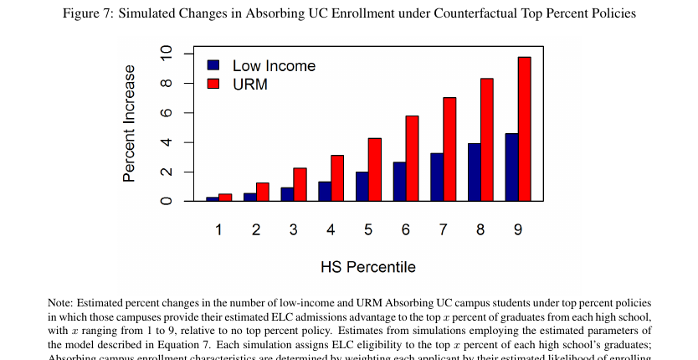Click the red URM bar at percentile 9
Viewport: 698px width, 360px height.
(x=524, y=129)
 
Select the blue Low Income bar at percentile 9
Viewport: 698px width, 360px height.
(x=511, y=167)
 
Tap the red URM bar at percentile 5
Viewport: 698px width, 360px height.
(x=375, y=170)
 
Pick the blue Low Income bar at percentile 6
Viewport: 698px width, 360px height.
(x=399, y=182)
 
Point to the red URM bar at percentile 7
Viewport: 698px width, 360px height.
(x=449, y=149)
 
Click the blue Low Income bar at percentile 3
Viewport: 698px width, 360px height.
(x=287, y=194)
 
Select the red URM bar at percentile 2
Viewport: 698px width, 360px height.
(x=263, y=192)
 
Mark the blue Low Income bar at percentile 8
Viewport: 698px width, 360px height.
(x=475, y=172)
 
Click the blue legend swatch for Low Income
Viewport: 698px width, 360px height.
(x=213, y=65)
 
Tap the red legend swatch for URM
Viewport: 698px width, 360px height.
(x=213, y=84)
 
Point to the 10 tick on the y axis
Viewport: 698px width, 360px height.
(x=166, y=54)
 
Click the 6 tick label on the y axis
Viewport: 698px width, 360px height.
(x=166, y=113)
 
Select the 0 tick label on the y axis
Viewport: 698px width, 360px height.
(x=166, y=201)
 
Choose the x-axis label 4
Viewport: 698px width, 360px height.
(x=331, y=229)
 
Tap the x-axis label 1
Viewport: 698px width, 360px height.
(x=218, y=229)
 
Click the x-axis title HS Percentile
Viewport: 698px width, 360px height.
(x=367, y=267)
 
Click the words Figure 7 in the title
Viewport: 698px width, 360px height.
(x=88, y=13)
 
